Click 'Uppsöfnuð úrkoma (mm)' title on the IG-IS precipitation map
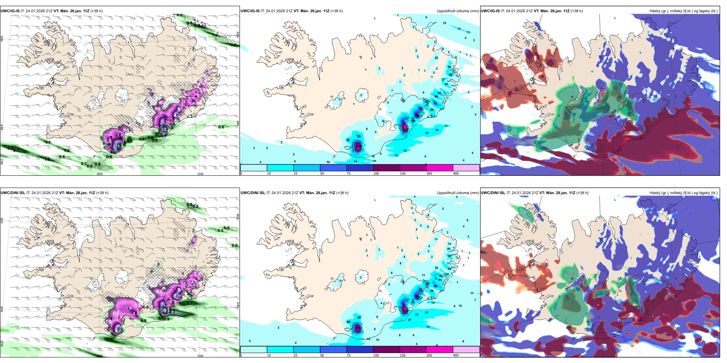tap(458, 11)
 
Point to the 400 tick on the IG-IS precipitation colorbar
tap(456, 173)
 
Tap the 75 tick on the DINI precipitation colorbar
tap(349, 355)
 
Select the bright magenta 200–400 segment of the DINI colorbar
tap(440, 350)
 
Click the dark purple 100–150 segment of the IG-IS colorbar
tap(386, 168)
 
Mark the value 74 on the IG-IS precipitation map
tap(435, 103)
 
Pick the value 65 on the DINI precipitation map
tap(435, 286)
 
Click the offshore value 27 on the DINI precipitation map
tap(409, 320)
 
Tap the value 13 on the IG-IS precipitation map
tap(468, 32)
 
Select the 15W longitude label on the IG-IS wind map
tap(200, 174)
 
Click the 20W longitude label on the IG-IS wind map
tap(99, 174)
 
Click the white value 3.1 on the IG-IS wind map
tap(119, 136)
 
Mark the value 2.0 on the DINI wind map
tap(109, 340)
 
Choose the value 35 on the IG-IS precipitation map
tap(359, 136)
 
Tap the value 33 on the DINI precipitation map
tap(450, 256)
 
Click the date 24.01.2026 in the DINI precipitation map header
tap(282, 193)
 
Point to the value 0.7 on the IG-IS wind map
tap(84, 164)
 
